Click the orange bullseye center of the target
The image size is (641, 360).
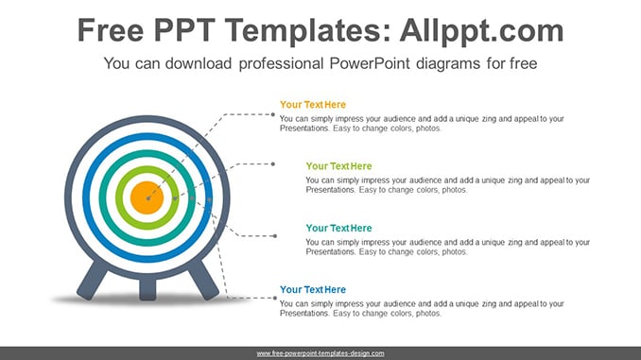(147, 197)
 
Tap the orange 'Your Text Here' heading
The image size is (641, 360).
(313, 105)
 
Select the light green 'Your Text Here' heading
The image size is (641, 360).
(338, 166)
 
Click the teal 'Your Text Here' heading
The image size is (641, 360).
(338, 228)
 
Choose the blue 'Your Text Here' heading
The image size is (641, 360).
(313, 290)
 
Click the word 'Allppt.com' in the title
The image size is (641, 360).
(481, 31)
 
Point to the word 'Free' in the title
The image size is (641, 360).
(111, 30)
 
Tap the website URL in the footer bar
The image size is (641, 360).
(320, 353)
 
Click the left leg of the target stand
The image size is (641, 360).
(93, 280)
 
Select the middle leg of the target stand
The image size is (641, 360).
(147, 289)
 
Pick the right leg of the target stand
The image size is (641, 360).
(203, 280)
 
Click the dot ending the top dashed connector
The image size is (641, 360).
(273, 115)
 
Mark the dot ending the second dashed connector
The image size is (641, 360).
(273, 164)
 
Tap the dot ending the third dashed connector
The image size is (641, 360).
(275, 236)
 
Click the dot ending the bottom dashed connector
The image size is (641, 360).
(275, 299)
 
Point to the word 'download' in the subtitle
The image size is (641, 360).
(199, 63)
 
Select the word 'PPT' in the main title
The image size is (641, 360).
(184, 30)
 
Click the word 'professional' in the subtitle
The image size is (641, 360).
(281, 63)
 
